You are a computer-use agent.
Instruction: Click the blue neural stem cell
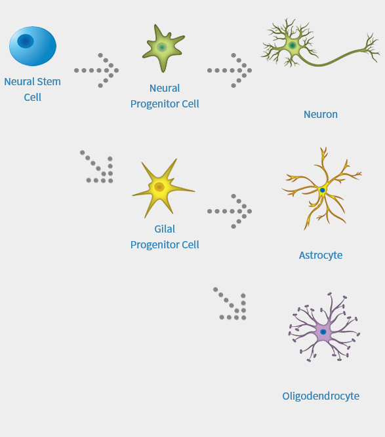pos(33,47)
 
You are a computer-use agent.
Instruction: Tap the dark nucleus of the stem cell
pos(26,41)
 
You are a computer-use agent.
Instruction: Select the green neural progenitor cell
pos(163,48)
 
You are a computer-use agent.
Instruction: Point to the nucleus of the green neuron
pos(293,45)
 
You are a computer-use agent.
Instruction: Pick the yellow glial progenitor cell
pos(163,188)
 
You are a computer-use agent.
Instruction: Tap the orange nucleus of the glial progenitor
pos(159,187)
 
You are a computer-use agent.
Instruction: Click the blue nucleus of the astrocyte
pos(323,191)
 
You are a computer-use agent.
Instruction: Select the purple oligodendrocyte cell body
pos(323,332)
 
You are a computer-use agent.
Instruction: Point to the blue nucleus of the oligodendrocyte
pos(323,332)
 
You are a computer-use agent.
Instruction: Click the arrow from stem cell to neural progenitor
pos(96,71)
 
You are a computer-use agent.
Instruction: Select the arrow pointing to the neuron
pos(230,71)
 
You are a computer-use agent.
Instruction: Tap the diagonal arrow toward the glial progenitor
pos(97,167)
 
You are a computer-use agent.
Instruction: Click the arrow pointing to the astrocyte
pos(230,211)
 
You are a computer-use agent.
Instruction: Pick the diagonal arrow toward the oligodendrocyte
pos(230,304)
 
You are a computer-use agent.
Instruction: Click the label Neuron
pos(321,114)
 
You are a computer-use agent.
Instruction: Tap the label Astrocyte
pos(321,256)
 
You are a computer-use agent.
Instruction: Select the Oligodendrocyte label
pos(321,396)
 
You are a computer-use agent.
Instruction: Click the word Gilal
pos(165,229)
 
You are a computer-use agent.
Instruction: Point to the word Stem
pos(49,82)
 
